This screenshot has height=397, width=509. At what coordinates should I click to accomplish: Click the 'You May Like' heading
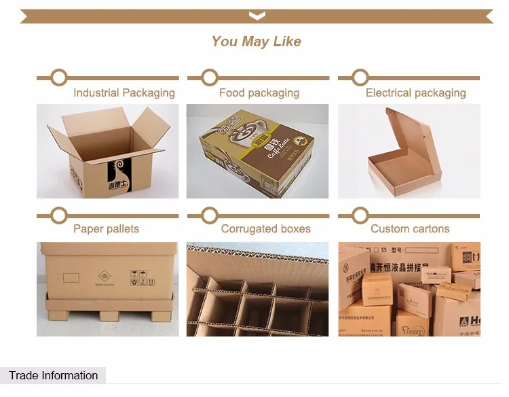256,41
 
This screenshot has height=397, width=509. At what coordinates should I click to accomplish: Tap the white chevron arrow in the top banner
257,15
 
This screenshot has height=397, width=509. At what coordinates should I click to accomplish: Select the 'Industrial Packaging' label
124,93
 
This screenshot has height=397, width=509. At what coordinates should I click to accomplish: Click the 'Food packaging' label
259,93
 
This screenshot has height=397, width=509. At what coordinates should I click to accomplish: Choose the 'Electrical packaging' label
415,93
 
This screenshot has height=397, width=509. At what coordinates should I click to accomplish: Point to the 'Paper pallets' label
106,229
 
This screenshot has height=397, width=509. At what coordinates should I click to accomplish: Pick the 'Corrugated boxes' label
265,229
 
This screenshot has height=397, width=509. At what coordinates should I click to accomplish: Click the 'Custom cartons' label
410,229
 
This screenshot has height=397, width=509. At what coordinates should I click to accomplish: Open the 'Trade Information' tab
53,375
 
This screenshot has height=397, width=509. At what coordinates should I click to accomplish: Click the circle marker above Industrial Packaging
59,77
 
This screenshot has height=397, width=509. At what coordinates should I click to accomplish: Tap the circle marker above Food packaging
210,77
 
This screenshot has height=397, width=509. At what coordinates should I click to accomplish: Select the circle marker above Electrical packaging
360,77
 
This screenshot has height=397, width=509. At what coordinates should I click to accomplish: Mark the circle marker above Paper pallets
59,215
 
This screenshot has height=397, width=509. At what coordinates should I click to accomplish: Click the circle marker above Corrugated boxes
210,215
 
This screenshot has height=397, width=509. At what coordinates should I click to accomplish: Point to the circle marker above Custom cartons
360,215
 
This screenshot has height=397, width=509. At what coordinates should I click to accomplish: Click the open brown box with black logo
107,152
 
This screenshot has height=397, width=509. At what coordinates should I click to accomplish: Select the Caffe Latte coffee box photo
257,152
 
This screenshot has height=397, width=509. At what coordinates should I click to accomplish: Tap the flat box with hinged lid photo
409,152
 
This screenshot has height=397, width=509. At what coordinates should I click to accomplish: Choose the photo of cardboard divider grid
257,289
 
